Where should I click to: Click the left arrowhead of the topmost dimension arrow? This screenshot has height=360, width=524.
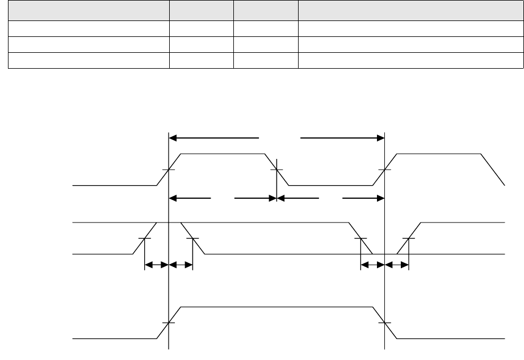tap(173, 137)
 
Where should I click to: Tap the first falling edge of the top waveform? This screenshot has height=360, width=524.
tap(276, 169)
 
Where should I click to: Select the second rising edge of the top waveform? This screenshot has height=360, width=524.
tap(385, 169)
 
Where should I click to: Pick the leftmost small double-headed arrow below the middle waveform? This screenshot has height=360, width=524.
tap(157, 264)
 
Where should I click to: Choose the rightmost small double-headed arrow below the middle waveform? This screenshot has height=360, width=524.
tap(397, 264)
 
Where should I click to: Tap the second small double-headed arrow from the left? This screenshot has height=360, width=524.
tap(181, 264)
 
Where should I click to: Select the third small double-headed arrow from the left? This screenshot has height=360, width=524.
tap(373, 264)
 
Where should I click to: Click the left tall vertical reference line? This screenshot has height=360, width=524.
tap(169, 284)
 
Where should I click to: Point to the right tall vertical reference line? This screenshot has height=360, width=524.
tap(385, 284)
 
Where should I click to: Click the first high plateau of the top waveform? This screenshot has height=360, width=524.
tap(223, 153)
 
